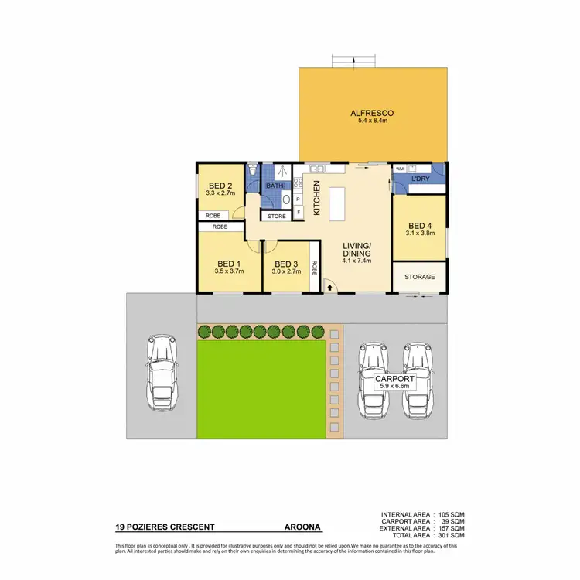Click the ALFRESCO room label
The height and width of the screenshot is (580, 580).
pyautogui.click(x=371, y=113)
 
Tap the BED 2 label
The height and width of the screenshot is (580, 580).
pyautogui.click(x=220, y=186)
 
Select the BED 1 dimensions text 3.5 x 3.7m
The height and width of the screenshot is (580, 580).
pyautogui.click(x=230, y=271)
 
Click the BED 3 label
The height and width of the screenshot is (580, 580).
pyautogui.click(x=286, y=263)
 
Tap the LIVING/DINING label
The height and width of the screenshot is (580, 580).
pyautogui.click(x=357, y=249)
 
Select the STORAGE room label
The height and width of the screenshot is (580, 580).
pyautogui.click(x=420, y=277)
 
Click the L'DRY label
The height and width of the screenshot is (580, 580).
pyautogui.click(x=421, y=179)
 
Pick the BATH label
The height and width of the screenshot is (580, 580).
pyautogui.click(x=275, y=186)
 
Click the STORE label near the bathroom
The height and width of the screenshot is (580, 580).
pyautogui.click(x=277, y=217)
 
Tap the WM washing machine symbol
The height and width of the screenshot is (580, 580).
pyautogui.click(x=400, y=168)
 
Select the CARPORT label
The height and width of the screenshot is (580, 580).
pyautogui.click(x=395, y=380)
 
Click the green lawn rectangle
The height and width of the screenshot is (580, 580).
pyautogui.click(x=260, y=389)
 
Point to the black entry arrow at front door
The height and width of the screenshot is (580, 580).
pyautogui.click(x=332, y=287)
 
